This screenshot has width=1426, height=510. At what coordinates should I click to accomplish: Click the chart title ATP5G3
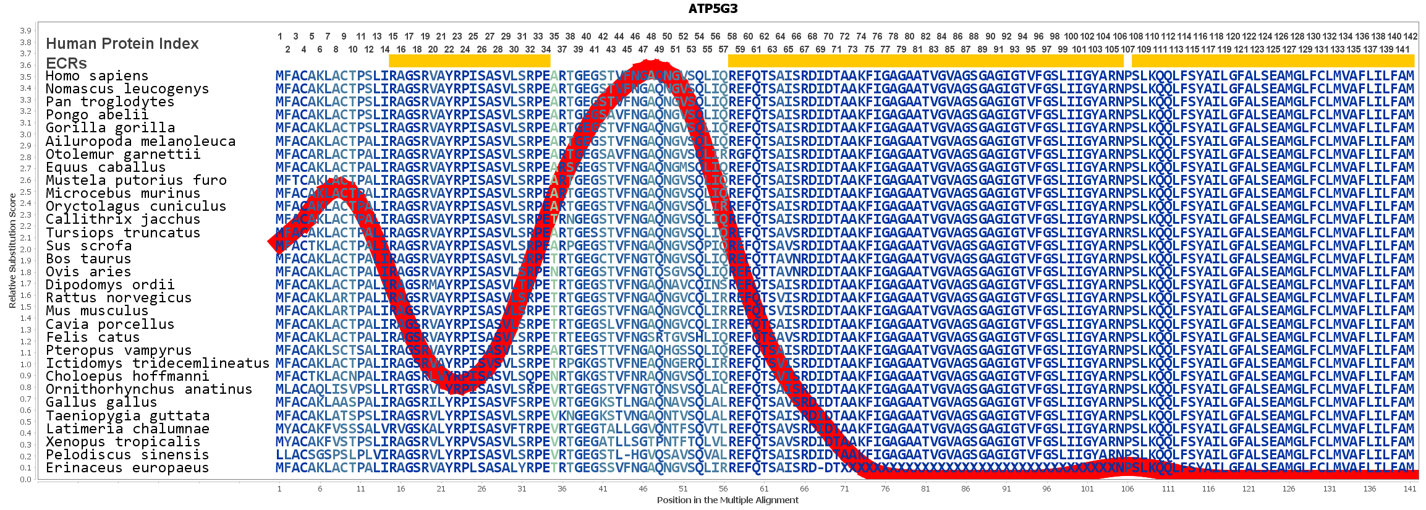point(713,9)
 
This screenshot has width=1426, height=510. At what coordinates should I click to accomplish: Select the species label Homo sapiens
point(97,76)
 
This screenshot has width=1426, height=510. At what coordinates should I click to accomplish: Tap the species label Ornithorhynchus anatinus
point(149,389)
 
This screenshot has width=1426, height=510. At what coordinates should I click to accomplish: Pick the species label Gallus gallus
point(93,402)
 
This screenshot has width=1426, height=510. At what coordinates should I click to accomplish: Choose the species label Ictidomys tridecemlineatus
point(158,363)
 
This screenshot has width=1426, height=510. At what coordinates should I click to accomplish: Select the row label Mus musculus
point(97,311)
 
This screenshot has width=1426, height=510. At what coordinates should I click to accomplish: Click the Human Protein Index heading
point(122,44)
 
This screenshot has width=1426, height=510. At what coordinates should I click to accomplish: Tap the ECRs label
point(66,63)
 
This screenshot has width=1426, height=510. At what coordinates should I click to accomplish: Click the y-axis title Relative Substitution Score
point(12,250)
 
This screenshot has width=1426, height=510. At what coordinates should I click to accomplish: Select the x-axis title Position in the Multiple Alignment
point(728,500)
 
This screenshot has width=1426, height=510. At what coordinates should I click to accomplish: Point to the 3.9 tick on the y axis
point(25,31)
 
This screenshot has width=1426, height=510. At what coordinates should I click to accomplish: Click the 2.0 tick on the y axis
point(25,250)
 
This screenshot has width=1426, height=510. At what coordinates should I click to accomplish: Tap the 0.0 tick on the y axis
point(25,479)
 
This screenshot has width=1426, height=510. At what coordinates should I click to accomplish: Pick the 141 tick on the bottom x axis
point(1409,489)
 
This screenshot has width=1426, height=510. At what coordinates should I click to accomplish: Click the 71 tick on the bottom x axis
point(844,489)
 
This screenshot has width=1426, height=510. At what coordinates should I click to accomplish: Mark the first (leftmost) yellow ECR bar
point(469,61)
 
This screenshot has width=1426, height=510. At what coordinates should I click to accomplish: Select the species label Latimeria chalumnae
point(127,429)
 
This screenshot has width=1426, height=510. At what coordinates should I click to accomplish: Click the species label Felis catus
point(93,338)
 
